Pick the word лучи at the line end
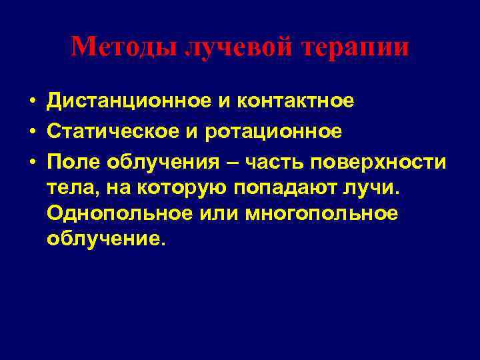pos(377,189)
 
